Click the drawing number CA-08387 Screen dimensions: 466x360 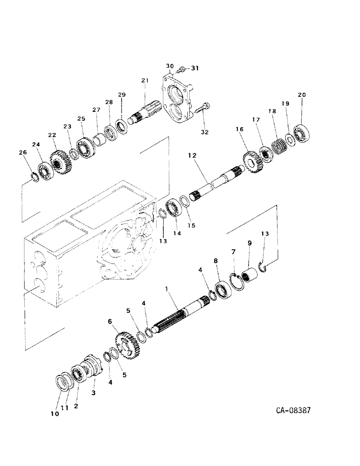point(293,411)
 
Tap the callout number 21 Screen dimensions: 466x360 point(145,81)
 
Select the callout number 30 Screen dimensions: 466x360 point(170,66)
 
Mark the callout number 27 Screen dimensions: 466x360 point(97,110)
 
